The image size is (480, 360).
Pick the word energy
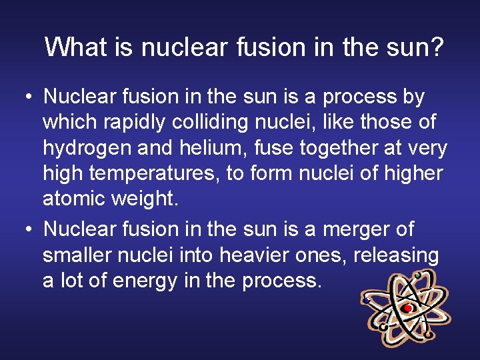[143, 281]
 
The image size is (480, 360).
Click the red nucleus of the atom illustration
[407, 308]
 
